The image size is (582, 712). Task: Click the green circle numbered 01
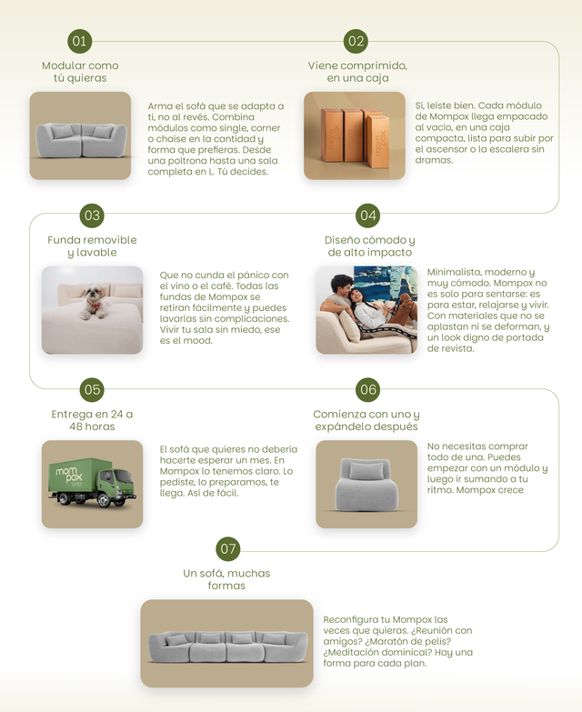point(79,41)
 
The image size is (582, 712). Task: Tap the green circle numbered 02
point(356,41)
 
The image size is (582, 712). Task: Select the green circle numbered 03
point(92,216)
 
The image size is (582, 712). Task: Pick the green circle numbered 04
point(367,216)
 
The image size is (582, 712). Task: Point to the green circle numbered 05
point(92,389)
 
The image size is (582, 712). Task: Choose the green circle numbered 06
point(367,389)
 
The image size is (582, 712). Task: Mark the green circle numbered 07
point(228,548)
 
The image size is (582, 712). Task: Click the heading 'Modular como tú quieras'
point(80,72)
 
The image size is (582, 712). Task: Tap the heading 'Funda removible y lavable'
point(92,246)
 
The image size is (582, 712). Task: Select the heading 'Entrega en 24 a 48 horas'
point(92,420)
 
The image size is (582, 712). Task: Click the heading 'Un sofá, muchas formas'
point(226,579)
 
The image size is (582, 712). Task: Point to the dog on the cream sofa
point(94,302)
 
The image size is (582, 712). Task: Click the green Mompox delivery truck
point(92,482)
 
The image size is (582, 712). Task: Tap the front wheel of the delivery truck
point(105,500)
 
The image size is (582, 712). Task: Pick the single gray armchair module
point(366,485)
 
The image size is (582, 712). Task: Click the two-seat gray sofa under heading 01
point(81,140)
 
